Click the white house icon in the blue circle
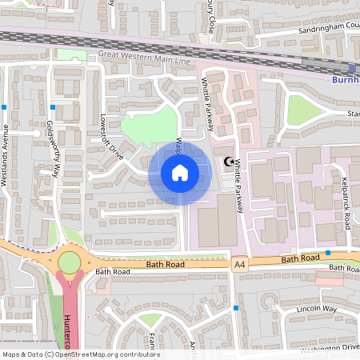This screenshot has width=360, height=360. click(x=180, y=173)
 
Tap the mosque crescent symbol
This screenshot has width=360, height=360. click(x=230, y=162)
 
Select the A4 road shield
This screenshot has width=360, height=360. click(x=238, y=263)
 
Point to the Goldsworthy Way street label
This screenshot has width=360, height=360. click(x=53, y=148)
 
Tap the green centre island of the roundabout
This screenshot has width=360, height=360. click(x=70, y=262)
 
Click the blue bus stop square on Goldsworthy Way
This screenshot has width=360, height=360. click(x=53, y=106)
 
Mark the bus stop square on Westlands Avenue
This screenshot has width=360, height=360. click(x=6, y=106)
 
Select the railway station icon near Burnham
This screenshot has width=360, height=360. click(x=352, y=69)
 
